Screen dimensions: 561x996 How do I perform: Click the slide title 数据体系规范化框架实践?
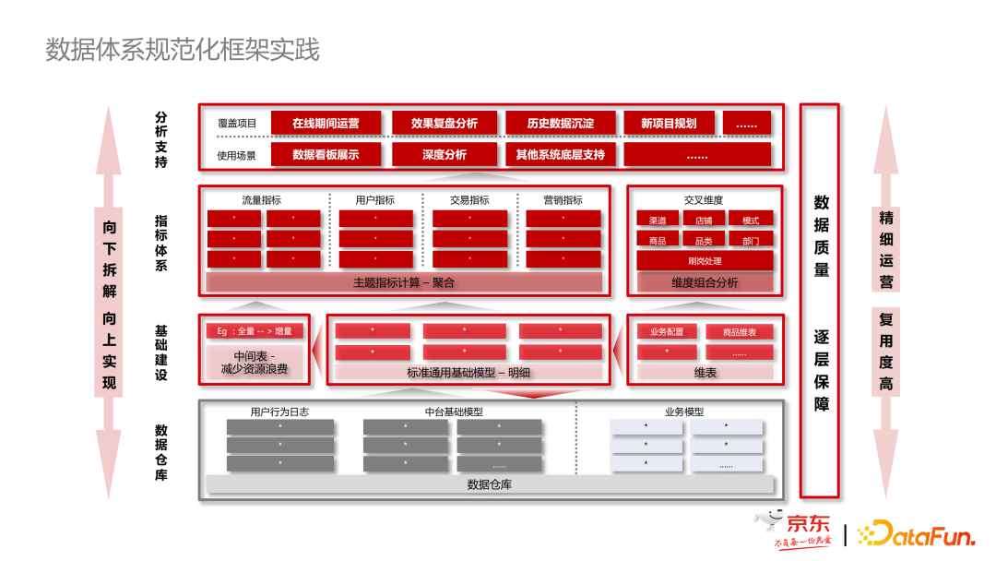pos(183,50)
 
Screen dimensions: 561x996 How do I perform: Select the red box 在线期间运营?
pos(326,123)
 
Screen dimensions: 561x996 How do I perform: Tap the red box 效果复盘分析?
pos(445,123)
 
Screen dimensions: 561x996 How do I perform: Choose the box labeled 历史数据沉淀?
pos(561,123)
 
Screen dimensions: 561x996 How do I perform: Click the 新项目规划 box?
pos(669,123)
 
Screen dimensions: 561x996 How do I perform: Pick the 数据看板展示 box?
pos(326,154)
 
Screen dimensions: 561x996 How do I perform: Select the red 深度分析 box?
pos(445,154)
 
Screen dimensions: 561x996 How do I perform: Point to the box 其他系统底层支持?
pos(561,154)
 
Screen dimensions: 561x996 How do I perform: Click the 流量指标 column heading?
pos(262,199)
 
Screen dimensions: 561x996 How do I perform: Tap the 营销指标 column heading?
pos(563,199)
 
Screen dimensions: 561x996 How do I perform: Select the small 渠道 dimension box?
pos(658,220)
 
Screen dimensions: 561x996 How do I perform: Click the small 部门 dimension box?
pos(751,240)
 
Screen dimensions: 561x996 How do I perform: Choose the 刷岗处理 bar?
pos(705,261)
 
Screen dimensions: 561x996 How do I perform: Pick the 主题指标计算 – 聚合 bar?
pos(404,282)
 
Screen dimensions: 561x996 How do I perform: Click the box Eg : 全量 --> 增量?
pos(255,331)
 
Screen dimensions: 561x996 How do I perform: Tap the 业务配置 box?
pos(667,331)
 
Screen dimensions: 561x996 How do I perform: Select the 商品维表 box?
pos(740,331)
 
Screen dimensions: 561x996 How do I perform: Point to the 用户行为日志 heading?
pos(279,412)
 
